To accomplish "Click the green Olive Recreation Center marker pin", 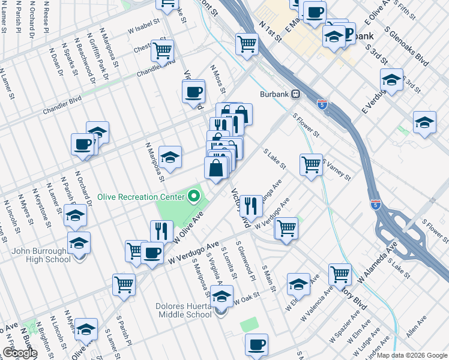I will click(194, 196).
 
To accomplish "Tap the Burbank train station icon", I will click(295, 94).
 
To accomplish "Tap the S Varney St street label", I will click(336, 169).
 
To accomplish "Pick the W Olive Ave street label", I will click(194, 227).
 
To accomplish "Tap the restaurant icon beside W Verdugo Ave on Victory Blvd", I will click(251, 205).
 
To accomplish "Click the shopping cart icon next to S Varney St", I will click(311, 163).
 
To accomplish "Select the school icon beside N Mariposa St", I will click(170, 157).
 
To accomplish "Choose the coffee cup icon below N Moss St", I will click(193, 92).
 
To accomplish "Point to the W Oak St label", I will click(247, 296).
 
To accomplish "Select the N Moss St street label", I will click(217, 79).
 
